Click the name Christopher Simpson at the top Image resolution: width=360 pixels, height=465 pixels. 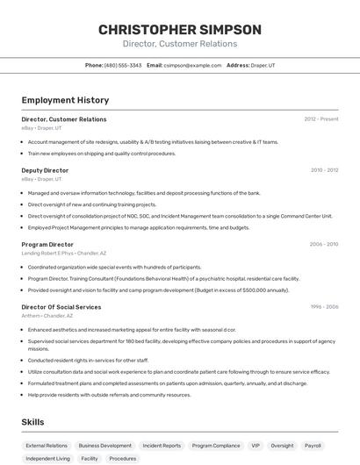pyautogui.click(x=179, y=30)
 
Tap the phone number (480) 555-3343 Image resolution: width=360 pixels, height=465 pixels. pyautogui.click(x=122, y=65)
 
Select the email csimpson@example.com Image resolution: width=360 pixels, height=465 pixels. pyautogui.click(x=191, y=65)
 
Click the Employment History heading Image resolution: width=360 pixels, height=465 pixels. pyautogui.click(x=60, y=100)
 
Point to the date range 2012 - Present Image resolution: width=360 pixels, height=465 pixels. pyautogui.click(x=321, y=119)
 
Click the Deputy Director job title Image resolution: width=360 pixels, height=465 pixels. pyautogui.click(x=45, y=170)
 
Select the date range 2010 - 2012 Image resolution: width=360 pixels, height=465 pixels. pyautogui.click(x=324, y=170)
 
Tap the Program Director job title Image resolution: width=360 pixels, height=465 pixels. pyautogui.click(x=47, y=244)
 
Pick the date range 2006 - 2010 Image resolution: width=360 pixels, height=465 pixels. pyautogui.click(x=324, y=244)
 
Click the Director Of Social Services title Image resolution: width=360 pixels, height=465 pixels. pyautogui.click(x=61, y=307)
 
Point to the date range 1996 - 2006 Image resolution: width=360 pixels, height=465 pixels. pyautogui.click(x=324, y=307)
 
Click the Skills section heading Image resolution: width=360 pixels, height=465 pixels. pyautogui.click(x=33, y=422)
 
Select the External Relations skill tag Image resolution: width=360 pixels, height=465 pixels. pyautogui.click(x=47, y=446)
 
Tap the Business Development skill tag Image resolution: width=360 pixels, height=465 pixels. pyautogui.click(x=104, y=446)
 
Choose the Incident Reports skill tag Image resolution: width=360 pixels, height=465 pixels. pyautogui.click(x=162, y=446)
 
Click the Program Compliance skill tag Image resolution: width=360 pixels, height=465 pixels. pyautogui.click(x=215, y=446)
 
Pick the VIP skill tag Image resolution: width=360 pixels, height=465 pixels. pyautogui.click(x=256, y=446)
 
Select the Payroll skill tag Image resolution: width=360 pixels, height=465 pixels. pyautogui.click(x=313, y=446)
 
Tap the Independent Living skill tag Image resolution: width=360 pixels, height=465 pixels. pyautogui.click(x=48, y=459)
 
